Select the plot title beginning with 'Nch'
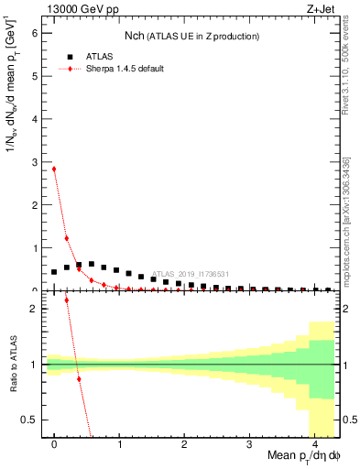coord(191,36)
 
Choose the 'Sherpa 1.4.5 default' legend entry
coord(111,69)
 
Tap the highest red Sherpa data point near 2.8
coord(54,169)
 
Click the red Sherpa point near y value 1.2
coord(67,238)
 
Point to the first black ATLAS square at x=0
coord(54,272)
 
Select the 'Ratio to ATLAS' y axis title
coord(12,366)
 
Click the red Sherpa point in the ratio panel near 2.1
coord(67,325)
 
